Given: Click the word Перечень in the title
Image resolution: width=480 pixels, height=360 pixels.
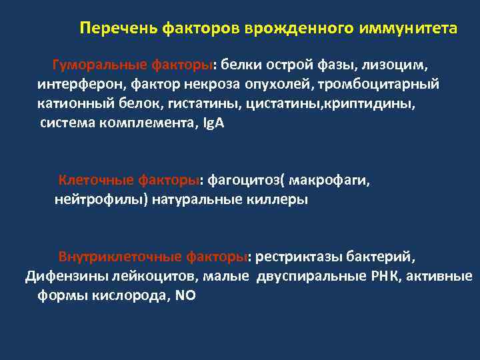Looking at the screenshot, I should tap(110, 29).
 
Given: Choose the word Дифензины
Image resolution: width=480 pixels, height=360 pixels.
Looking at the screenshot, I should tap(60, 276).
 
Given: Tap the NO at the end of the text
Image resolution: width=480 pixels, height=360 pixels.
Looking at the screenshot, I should tap(185, 295).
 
